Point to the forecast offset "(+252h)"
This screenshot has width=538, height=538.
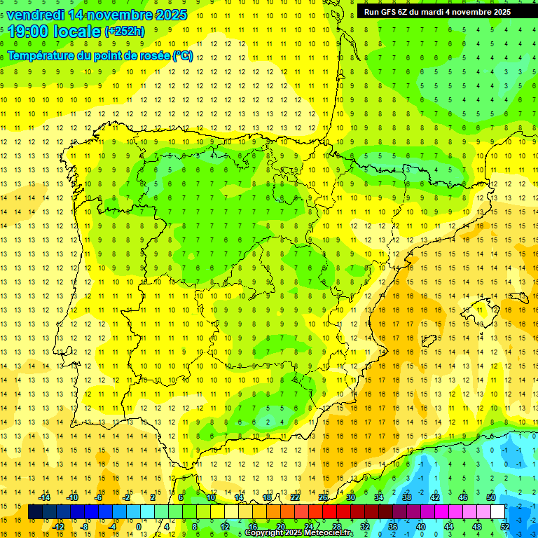click(x=125, y=31)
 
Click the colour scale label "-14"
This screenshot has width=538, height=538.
click(x=45, y=497)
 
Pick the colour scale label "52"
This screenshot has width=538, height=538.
click(x=505, y=527)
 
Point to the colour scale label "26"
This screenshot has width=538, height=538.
click(x=323, y=497)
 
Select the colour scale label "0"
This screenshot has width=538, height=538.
click(x=138, y=527)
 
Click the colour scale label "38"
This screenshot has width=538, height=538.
click(x=406, y=497)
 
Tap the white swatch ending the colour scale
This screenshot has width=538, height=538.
click(x=497, y=512)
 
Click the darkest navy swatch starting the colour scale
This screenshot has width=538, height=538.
click(x=35, y=512)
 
